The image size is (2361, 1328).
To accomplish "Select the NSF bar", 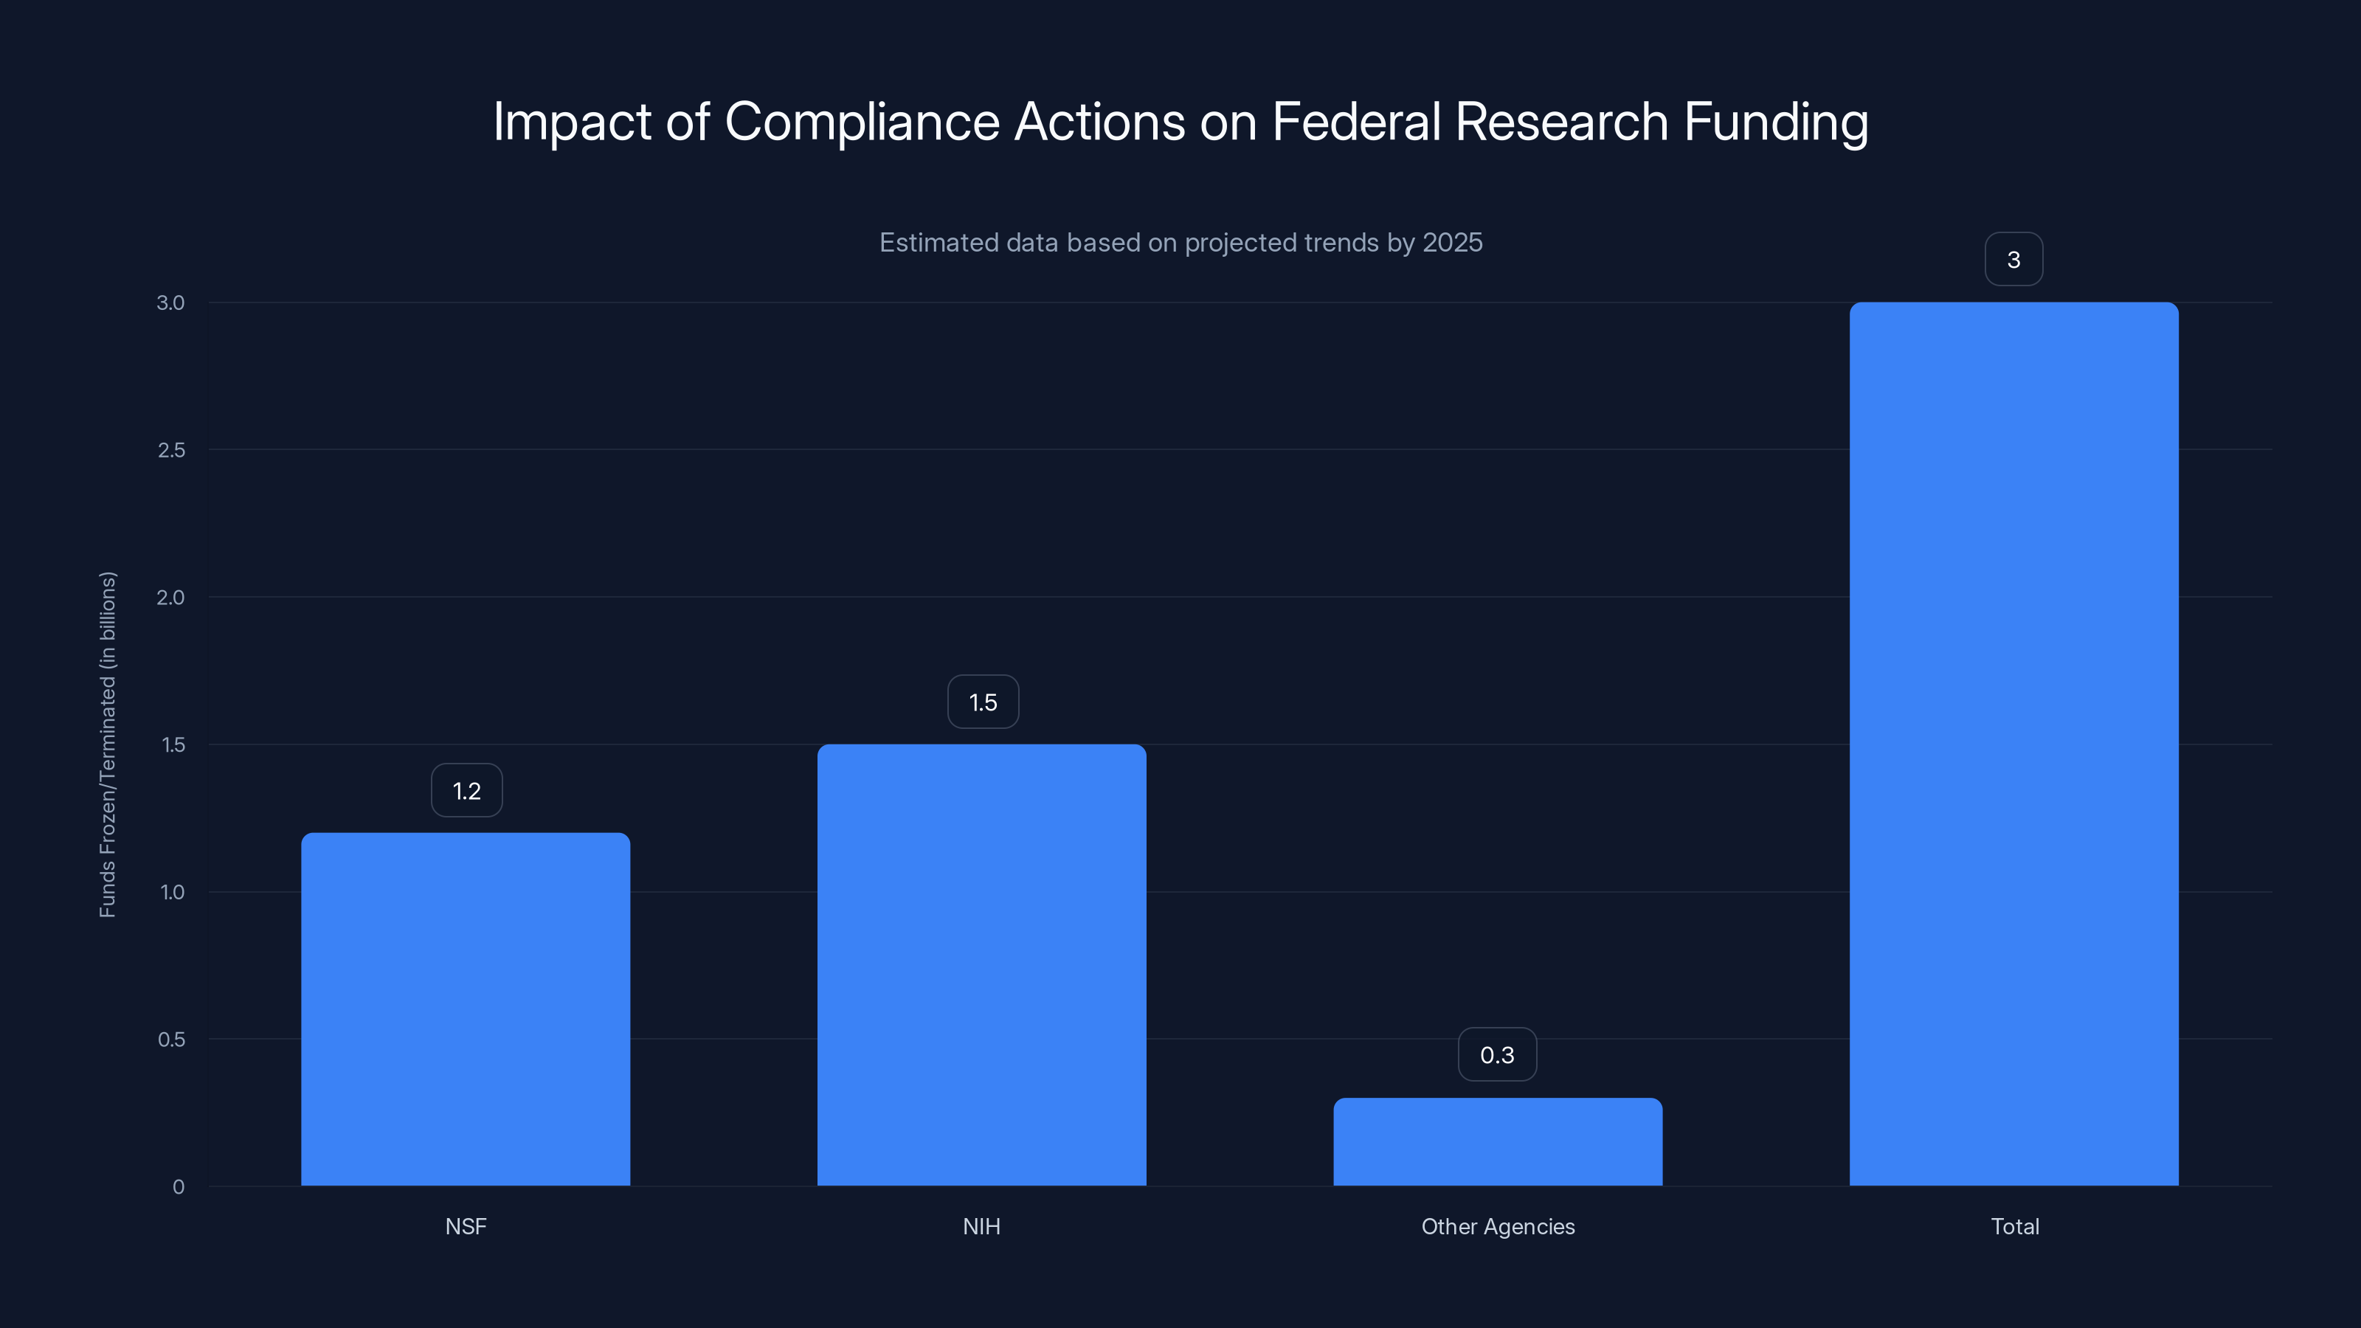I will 466,1008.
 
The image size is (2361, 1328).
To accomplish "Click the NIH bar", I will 981,964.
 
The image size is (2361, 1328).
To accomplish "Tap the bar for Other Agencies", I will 1498,1141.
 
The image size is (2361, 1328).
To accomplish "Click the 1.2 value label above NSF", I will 466,790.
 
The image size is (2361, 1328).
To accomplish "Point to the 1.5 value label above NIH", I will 983,702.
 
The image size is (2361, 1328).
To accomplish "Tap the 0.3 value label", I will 1497,1055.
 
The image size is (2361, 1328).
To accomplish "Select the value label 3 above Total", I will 2013,260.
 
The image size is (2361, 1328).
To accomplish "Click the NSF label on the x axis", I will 466,1226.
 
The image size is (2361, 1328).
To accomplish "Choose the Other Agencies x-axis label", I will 1498,1226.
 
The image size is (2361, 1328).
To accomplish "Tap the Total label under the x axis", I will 2014,1226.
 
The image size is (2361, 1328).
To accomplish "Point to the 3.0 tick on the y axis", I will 170,302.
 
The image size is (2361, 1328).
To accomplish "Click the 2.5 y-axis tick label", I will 170,450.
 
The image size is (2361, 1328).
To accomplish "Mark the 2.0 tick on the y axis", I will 170,598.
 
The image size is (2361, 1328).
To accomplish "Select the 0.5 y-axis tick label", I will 171,1040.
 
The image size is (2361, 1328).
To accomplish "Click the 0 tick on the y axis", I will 179,1187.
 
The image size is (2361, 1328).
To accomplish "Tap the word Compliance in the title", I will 862,122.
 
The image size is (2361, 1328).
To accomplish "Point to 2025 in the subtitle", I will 1452,243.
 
